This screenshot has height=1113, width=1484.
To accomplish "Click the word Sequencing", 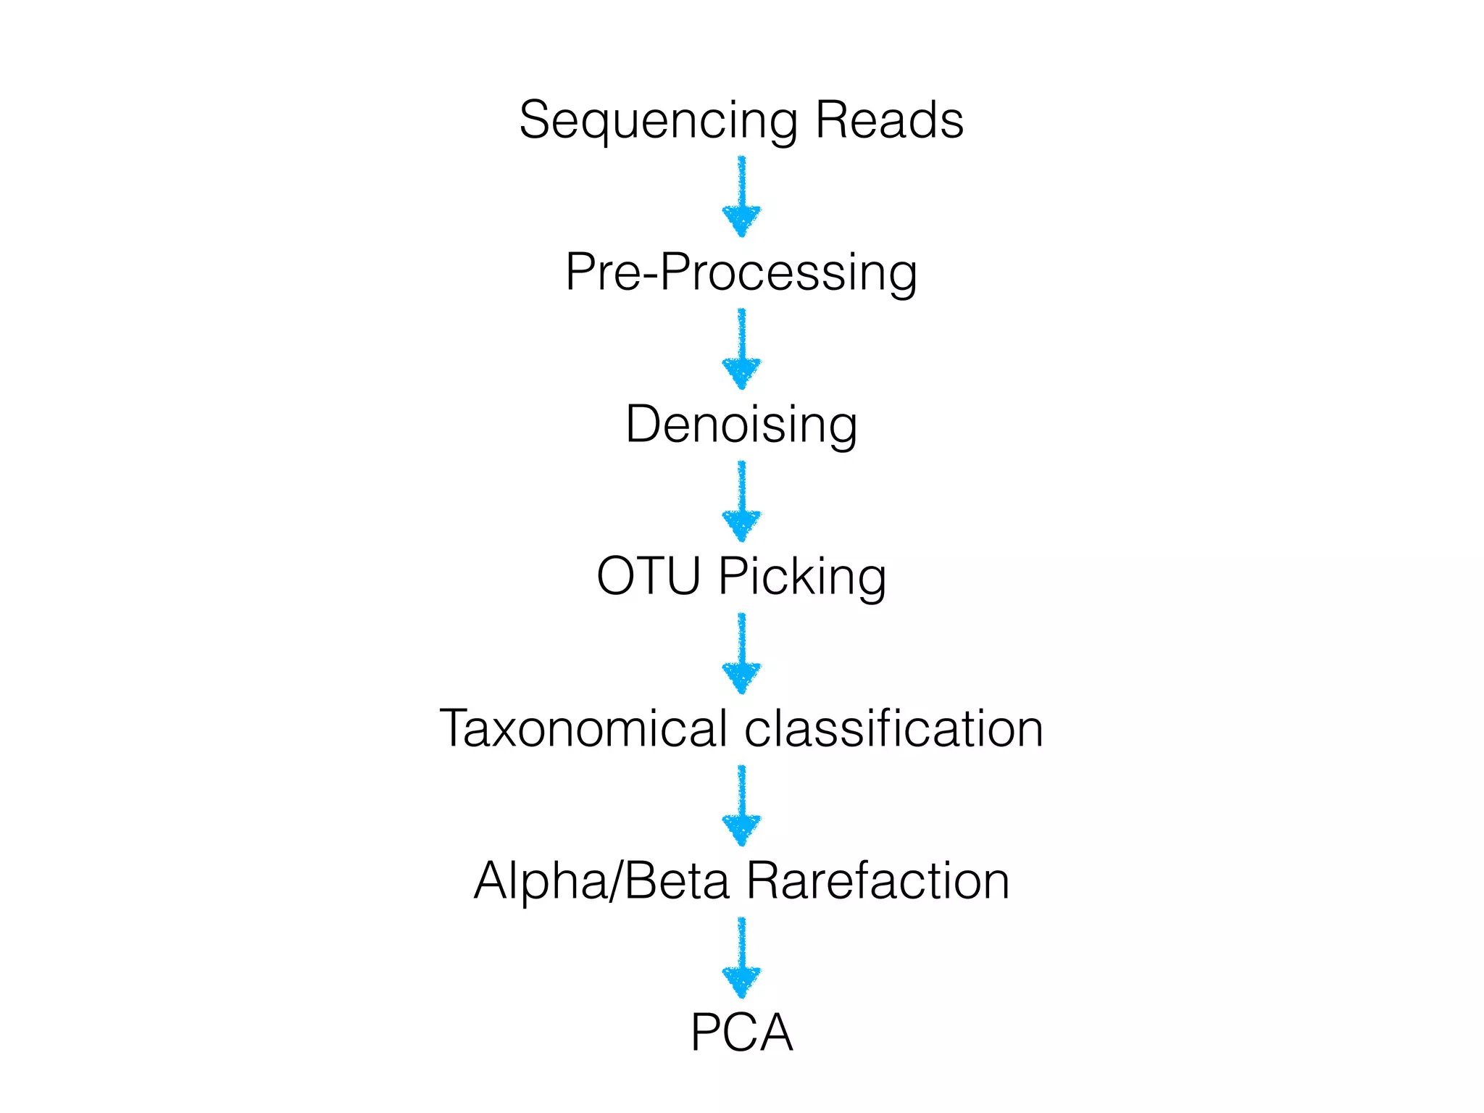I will [x=658, y=121].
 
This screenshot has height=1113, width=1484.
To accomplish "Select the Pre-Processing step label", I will [x=741, y=273].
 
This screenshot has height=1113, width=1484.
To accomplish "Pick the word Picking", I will [x=802, y=578].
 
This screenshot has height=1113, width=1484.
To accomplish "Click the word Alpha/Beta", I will [x=601, y=882].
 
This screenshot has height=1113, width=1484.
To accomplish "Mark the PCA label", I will [x=741, y=1033].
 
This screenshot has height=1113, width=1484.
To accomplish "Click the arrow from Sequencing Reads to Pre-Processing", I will [x=741, y=196].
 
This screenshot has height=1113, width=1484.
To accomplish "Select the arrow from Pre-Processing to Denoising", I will [x=741, y=349].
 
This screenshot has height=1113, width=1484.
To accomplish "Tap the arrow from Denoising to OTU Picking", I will [x=741, y=501].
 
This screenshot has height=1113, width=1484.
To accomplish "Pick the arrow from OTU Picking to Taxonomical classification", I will [x=741, y=653].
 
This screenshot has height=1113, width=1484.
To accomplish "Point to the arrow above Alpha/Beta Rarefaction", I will [x=741, y=805].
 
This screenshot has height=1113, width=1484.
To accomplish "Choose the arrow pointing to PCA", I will [x=741, y=957].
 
